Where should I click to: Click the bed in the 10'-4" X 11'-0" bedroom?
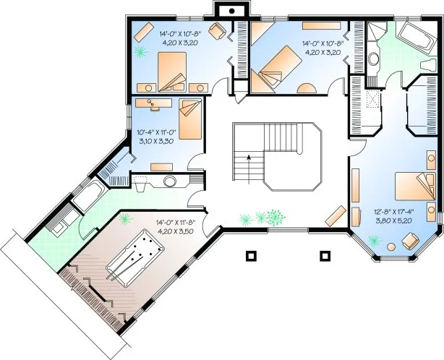pos(190,119)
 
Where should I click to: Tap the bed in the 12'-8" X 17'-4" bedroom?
pos(410,189)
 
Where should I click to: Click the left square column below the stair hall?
pos(250,254)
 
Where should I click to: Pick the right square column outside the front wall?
pos(325,254)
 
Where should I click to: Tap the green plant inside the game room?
pos(127,218)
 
